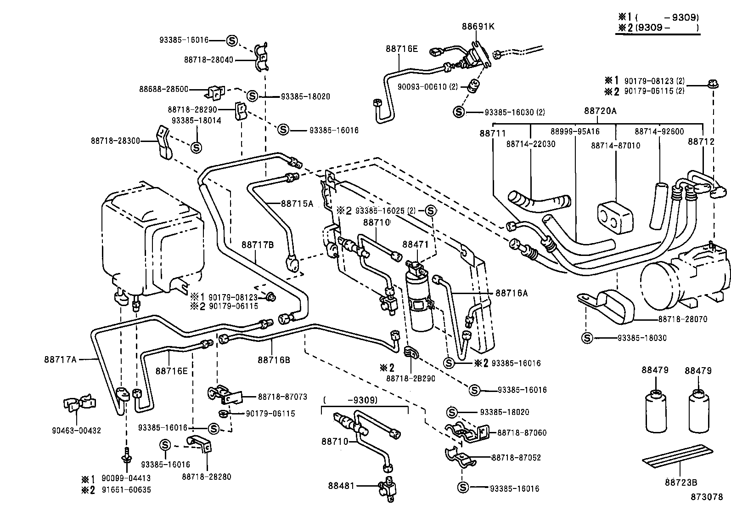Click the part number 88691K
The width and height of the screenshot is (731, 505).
[x=478, y=27]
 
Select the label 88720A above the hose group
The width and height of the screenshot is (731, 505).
[x=600, y=111]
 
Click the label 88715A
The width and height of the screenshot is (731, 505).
[x=297, y=203]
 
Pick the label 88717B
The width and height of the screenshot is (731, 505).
[x=257, y=245]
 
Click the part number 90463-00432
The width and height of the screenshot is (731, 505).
[x=76, y=431]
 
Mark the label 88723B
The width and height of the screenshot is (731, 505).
[x=681, y=482]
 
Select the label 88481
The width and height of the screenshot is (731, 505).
[x=341, y=485]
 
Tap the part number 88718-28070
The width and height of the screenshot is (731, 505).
[x=683, y=319]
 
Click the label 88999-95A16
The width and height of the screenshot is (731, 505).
[x=575, y=131]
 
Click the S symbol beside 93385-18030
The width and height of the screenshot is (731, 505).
[x=587, y=338]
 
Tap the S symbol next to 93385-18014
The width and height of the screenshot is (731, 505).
[x=196, y=148]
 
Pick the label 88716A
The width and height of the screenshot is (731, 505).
[x=511, y=292]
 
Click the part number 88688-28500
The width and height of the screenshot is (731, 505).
[x=164, y=89]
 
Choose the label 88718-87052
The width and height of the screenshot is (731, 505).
[x=516, y=458]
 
